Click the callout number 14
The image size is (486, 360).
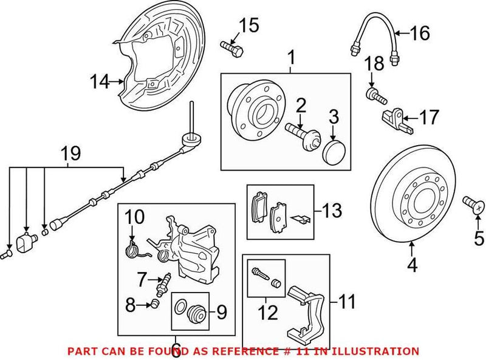pyautogui.click(x=100, y=80)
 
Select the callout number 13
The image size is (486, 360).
pyautogui.click(x=332, y=211)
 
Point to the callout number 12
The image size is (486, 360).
pyautogui.click(x=267, y=313)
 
